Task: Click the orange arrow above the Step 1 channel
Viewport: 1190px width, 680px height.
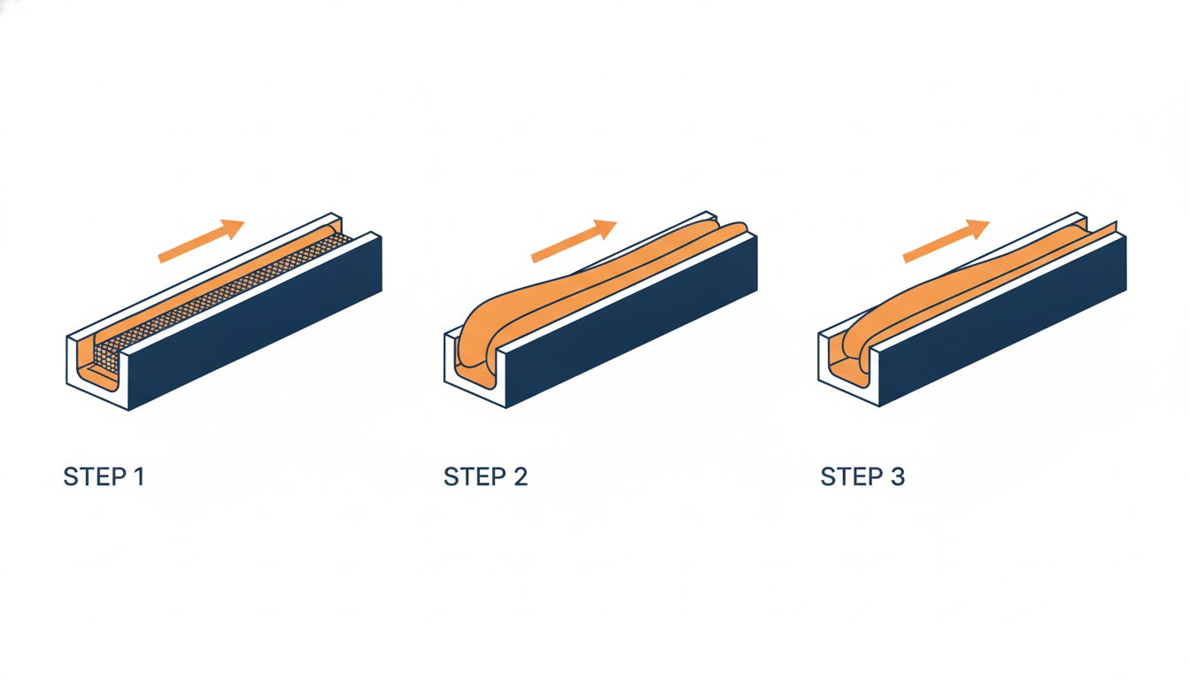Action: [201, 241]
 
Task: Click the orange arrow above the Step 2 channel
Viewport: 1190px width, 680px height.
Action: [574, 241]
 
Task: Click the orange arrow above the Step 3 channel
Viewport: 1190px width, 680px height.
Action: [947, 241]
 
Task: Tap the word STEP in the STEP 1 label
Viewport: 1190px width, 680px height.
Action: [95, 476]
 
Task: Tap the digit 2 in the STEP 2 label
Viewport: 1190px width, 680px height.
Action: [521, 476]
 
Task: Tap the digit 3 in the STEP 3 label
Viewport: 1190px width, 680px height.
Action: [897, 476]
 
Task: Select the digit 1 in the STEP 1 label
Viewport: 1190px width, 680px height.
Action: [139, 476]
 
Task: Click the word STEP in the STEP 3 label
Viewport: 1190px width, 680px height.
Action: [852, 476]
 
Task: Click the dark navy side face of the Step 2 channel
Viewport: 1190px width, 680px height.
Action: [631, 321]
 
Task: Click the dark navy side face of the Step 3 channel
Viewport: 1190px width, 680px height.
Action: [1003, 321]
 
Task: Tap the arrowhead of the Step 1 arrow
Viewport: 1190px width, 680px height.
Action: [233, 228]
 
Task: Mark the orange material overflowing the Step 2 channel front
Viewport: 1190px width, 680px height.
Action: [478, 340]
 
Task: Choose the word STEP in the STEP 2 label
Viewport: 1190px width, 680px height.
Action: [475, 476]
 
